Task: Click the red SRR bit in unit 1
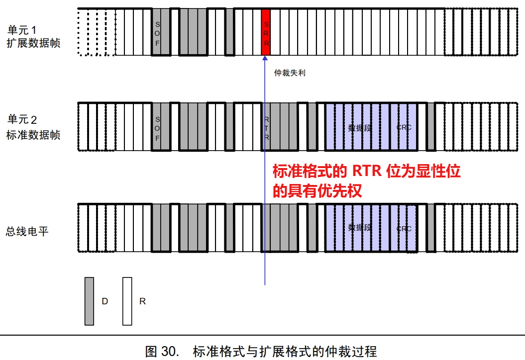(266, 32)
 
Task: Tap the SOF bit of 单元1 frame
(157, 32)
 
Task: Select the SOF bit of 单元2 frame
(157, 127)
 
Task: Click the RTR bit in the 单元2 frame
(266, 127)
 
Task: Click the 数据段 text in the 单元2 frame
(360, 127)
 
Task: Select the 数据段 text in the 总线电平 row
(360, 228)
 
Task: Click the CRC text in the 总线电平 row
(404, 229)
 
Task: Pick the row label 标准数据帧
(33, 134)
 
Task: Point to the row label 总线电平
(27, 231)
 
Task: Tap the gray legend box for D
(90, 301)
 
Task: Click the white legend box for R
(127, 301)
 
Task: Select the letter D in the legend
(105, 301)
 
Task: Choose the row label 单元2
(22, 120)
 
